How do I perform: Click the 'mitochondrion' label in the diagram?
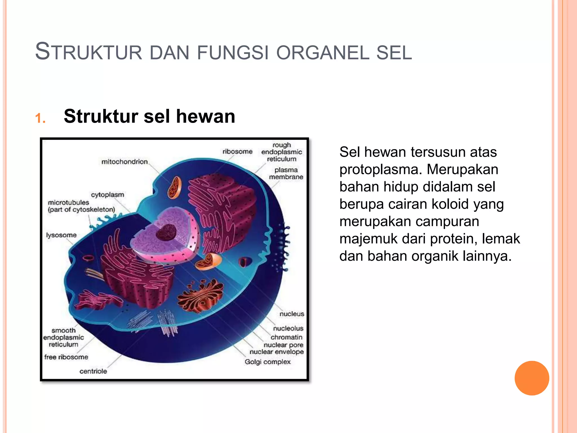tap(125, 162)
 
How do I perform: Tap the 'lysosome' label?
tap(61, 235)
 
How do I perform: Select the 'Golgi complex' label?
tap(267, 362)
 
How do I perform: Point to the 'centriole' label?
tap(93, 371)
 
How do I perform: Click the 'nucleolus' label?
tap(288, 328)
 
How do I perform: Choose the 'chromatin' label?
tap(286, 337)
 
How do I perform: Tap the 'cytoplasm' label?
tap(107, 195)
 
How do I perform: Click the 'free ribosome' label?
tap(66, 357)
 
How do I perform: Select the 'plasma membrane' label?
tap(286, 173)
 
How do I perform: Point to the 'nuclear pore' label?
tap(283, 345)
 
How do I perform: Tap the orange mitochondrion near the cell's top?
tap(175, 187)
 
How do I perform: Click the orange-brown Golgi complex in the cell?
tap(201, 296)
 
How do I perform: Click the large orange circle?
tap(532, 378)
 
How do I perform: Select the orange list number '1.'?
tap(41, 118)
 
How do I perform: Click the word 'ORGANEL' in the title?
tap(323, 53)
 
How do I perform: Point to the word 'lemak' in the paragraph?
tap(501, 239)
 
